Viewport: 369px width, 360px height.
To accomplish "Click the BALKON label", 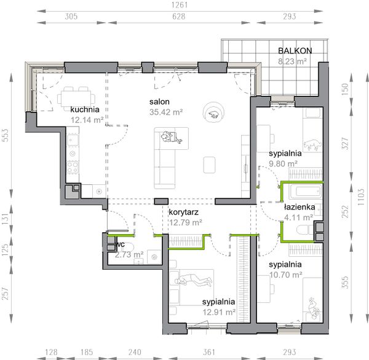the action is point(295,50).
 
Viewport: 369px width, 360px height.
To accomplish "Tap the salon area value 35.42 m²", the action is point(166,112).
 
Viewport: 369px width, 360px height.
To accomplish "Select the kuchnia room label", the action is point(85,109).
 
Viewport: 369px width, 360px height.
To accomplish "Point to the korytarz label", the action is point(183,212).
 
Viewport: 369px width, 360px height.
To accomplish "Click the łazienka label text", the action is point(300,207).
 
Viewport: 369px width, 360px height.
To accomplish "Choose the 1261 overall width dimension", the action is point(180,5).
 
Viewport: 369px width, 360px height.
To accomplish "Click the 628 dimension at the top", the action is point(179,17).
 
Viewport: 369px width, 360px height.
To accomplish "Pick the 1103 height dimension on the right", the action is point(361,197).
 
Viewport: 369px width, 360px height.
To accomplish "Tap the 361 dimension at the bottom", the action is point(208,352).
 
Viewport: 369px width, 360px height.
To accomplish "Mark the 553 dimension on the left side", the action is point(5,135).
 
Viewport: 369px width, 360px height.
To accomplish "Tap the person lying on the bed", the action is point(193,280).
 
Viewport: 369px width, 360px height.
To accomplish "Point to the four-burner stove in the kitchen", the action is point(73,166).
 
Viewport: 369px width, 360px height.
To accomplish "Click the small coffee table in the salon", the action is point(209,165).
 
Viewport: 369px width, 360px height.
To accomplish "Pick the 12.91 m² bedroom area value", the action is point(219,312).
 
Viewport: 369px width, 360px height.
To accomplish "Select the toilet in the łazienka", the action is point(305,229).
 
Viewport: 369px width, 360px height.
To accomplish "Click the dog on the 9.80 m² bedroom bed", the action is point(312,144).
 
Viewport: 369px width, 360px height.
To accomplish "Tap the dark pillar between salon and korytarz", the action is point(161,202).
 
